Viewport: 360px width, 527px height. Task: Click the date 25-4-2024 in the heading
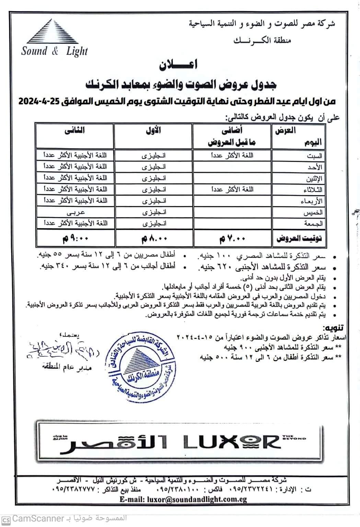pos(38,102)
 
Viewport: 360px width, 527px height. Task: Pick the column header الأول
pos(153,130)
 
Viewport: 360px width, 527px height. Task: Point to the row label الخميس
pos(313,213)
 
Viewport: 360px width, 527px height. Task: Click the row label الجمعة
pos(313,224)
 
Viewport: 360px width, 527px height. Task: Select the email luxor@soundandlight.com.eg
pos(183,500)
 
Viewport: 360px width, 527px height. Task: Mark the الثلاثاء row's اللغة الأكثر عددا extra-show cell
pos(232,189)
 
